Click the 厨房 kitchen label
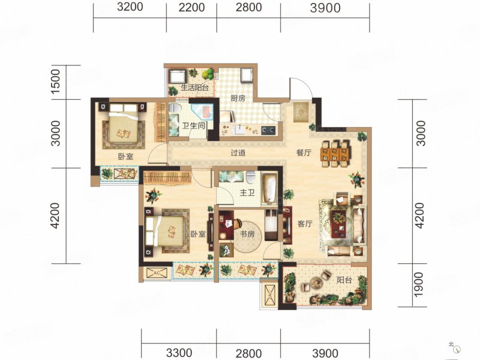click(238, 98)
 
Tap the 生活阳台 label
click(195, 88)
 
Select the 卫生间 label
click(193, 125)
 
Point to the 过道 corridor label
click(238, 152)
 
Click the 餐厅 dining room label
click(304, 152)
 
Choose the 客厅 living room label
click(305, 224)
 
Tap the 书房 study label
click(247, 234)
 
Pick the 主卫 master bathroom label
click(247, 193)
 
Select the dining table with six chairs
click(335, 154)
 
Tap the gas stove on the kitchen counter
click(268, 131)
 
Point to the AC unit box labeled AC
click(157, 273)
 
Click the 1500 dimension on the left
click(55, 82)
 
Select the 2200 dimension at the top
click(191, 7)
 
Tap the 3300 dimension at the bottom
click(179, 353)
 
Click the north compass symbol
click(456, 349)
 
